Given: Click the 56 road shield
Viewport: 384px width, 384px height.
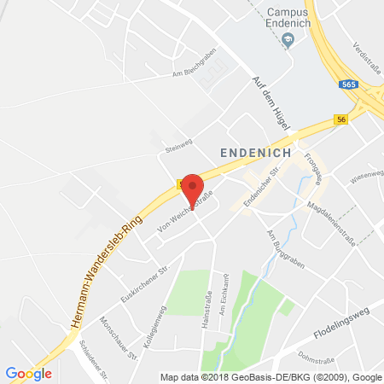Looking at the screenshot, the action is click(x=340, y=120).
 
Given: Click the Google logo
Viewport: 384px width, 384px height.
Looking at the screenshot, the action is click(x=28, y=373).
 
